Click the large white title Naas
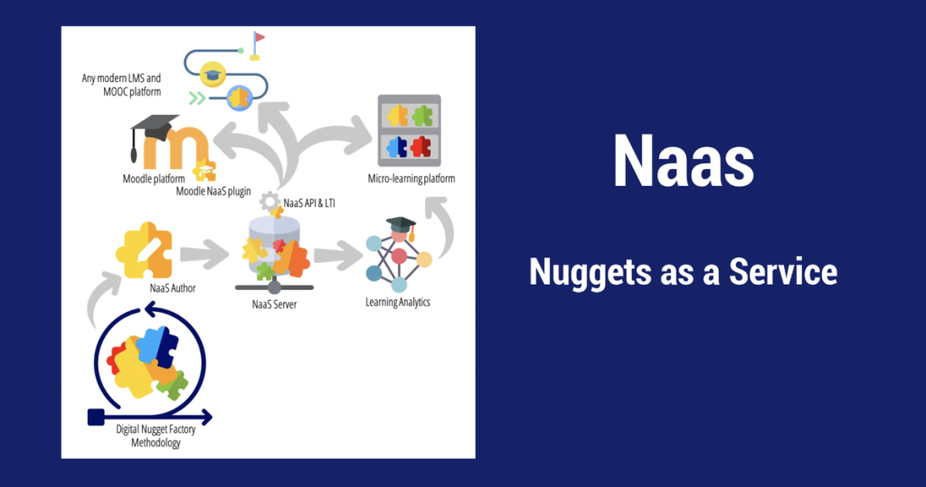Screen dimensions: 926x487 [684, 161]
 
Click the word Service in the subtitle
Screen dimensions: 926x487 [783, 272]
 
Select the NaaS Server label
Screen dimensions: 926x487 [275, 304]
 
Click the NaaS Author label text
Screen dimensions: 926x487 [173, 288]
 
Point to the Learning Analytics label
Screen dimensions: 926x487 [398, 303]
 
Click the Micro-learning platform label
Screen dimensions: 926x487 [411, 178]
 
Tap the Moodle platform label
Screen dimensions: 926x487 [154, 178]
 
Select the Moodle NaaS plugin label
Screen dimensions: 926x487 [213, 192]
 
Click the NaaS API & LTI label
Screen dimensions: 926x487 [309, 203]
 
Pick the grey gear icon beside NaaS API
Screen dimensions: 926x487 [269, 201]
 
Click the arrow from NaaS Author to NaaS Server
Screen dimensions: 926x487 [204, 255]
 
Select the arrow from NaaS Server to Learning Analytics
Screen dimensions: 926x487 [338, 255]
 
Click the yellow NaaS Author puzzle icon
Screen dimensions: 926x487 [145, 250]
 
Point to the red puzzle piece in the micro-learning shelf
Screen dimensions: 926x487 [420, 146]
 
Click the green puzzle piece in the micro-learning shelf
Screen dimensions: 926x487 [421, 116]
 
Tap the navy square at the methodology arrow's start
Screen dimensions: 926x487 [96, 417]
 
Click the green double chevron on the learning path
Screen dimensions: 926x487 [197, 98]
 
